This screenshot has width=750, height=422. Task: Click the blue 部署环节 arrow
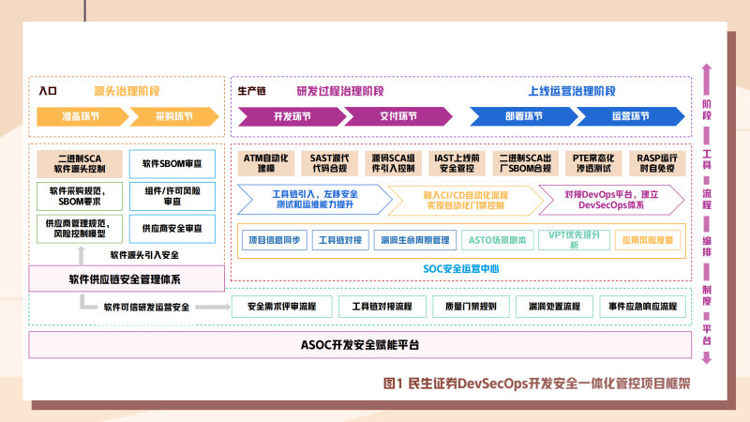523,117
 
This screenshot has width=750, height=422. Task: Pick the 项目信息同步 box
274,240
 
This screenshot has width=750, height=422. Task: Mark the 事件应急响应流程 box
641,307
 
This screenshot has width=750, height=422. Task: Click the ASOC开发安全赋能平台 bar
360,344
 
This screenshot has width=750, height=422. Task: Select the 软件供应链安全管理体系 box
127,279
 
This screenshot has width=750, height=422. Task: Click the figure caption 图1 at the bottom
394,384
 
